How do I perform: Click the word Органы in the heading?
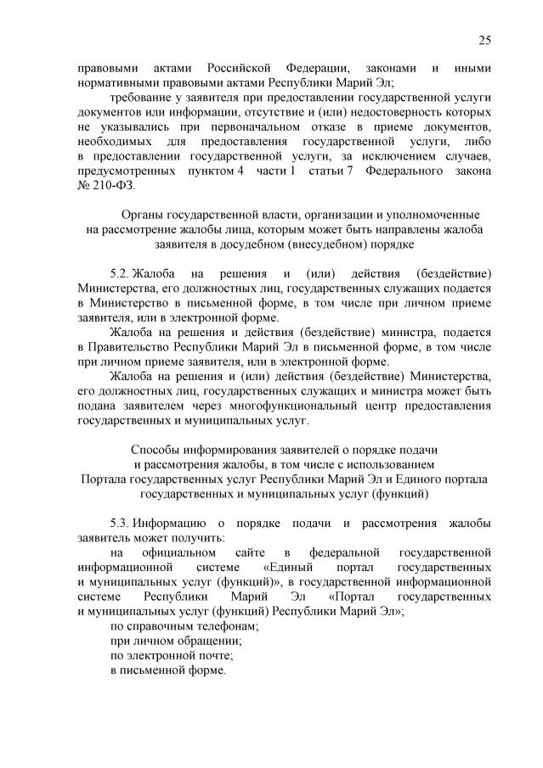tap(144, 216)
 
